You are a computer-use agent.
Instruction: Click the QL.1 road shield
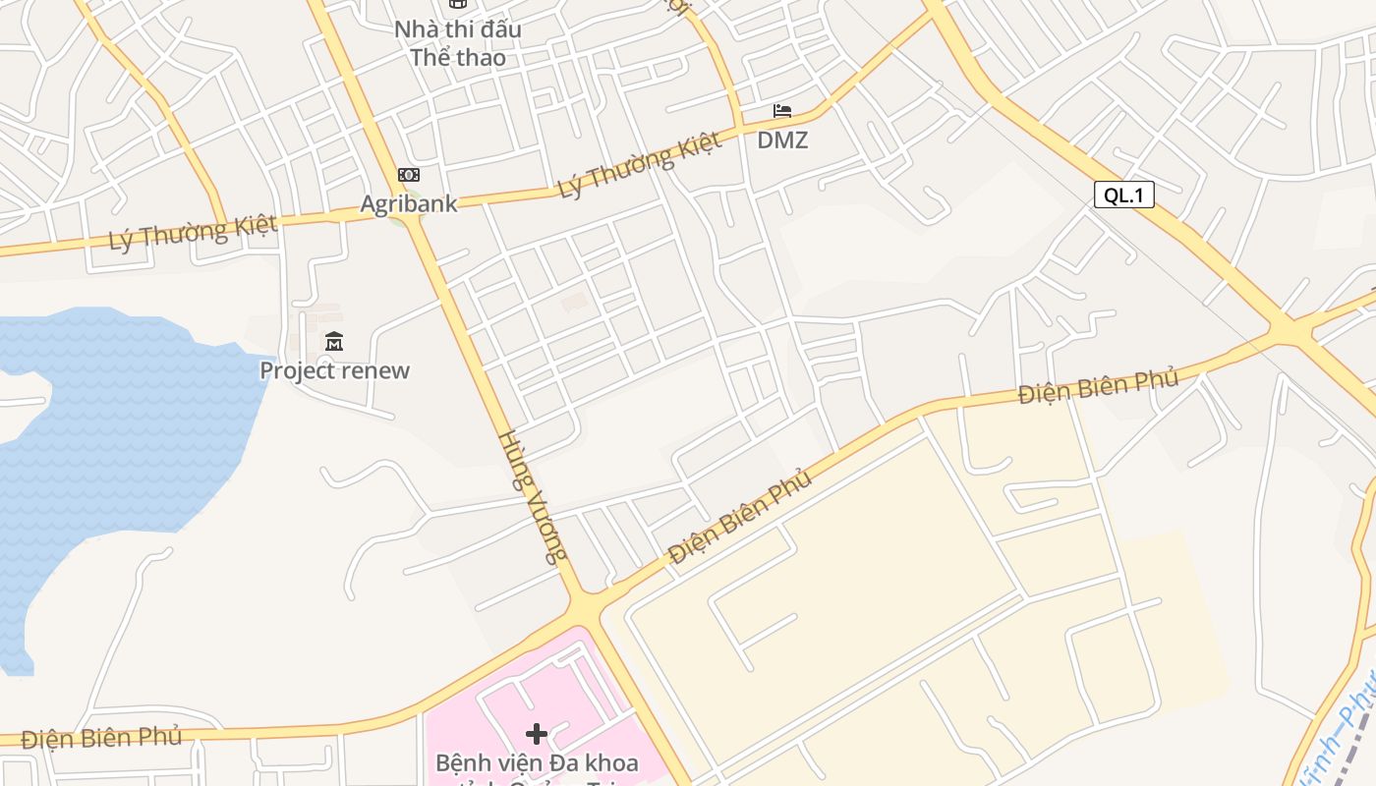1123,195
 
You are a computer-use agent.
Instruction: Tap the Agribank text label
409,203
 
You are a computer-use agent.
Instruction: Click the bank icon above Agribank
409,175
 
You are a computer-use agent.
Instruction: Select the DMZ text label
782,140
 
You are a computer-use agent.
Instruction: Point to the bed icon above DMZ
782,111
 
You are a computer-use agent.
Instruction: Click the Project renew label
334,370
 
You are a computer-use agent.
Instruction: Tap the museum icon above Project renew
334,342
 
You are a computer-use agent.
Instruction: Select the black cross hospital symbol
537,733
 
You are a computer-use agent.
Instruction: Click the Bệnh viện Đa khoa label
537,762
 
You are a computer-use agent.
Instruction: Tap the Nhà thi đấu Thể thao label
458,43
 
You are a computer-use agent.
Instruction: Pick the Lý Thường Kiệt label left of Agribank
194,233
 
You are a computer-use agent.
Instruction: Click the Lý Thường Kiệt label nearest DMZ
640,164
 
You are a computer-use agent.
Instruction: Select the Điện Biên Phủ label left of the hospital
101,738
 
